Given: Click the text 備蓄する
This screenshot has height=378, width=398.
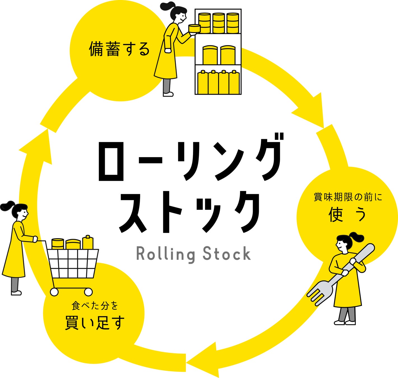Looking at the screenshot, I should tap(119, 49).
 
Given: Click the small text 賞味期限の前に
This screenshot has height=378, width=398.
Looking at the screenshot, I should tap(348, 197).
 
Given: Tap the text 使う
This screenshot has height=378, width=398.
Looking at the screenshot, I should tap(347, 214).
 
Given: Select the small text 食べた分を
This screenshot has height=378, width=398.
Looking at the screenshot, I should tap(95, 306).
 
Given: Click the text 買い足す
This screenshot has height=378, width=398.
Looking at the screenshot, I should tap(95, 323).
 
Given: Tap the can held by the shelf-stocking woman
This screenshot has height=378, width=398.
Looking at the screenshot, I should tap(194, 29).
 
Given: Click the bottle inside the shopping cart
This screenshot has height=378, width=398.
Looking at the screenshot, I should tap(88, 242).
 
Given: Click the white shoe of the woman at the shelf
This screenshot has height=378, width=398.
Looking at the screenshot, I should tap(168, 94).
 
